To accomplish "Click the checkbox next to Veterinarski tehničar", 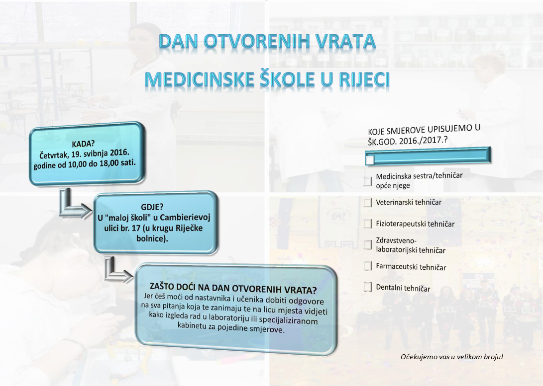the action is point(367,202).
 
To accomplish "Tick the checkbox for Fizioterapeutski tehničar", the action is point(367,224).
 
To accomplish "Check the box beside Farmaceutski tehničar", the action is point(367,266).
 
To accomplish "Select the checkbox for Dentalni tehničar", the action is point(367,287).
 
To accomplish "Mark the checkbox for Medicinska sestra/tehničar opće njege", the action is point(367,181).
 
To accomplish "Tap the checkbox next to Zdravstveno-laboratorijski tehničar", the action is point(367,244).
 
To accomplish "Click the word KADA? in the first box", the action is point(83,144).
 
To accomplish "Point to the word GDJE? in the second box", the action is point(152,207).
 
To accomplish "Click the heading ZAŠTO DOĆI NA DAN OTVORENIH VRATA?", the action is point(233,288).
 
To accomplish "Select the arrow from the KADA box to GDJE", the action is point(71,206).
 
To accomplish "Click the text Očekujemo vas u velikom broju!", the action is point(452,357).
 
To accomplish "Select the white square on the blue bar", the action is point(370,159).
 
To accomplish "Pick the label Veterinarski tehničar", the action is point(409,202).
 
